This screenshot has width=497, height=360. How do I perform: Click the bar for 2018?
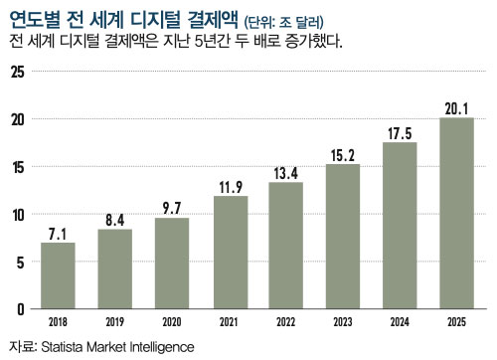coord(58,275)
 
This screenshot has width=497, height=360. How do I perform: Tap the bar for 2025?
coord(457,213)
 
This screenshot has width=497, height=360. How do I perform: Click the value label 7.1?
coord(58,233)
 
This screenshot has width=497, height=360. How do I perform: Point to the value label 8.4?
coord(114,220)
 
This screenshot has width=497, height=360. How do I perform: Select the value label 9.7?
coord(172,208)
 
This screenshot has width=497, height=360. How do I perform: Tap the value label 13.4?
coord(286,173)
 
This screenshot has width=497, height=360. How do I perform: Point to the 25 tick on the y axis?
coord(16,72)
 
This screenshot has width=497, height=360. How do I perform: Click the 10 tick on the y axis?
coord(16,215)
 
